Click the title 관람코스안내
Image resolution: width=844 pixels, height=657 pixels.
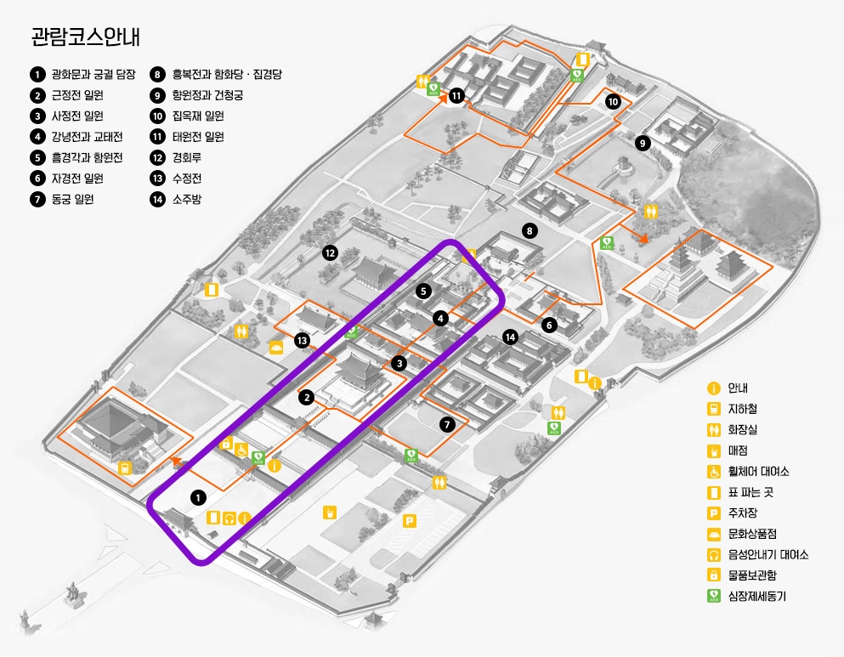[x=85, y=37]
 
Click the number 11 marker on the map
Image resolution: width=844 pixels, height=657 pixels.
[x=456, y=95]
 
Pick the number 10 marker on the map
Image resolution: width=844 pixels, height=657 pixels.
[x=613, y=102]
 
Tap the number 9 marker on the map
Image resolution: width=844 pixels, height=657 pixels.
[x=643, y=144]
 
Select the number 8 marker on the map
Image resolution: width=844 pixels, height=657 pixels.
[x=530, y=230]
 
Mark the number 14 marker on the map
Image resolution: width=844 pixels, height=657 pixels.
[x=509, y=336]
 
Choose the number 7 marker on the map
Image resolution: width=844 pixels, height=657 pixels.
[x=448, y=424]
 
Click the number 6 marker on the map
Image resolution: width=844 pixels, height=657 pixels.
[x=549, y=324]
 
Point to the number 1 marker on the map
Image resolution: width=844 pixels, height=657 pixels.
[x=198, y=496]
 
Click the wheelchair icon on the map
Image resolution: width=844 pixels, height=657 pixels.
[x=241, y=450]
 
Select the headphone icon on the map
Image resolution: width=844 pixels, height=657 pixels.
[x=229, y=518]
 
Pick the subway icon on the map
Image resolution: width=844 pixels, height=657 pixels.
[x=125, y=467]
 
